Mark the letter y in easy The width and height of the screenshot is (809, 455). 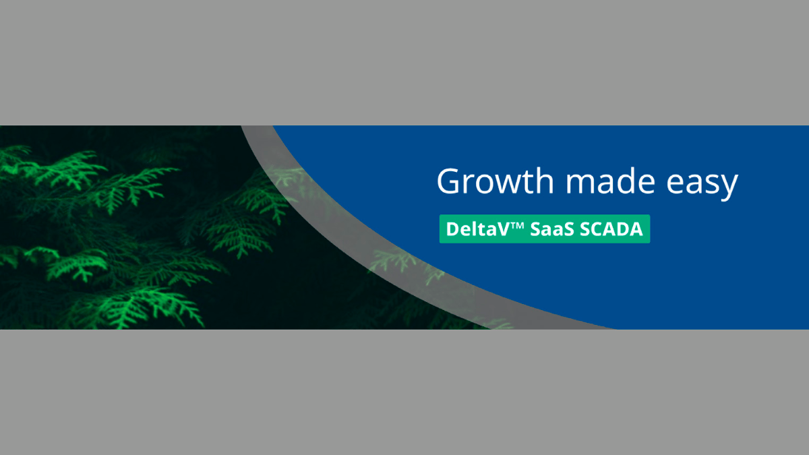pyautogui.click(x=729, y=187)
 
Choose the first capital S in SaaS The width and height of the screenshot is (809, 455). pyautogui.click(x=535, y=230)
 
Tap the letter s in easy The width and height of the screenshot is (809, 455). pyautogui.click(x=714, y=184)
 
